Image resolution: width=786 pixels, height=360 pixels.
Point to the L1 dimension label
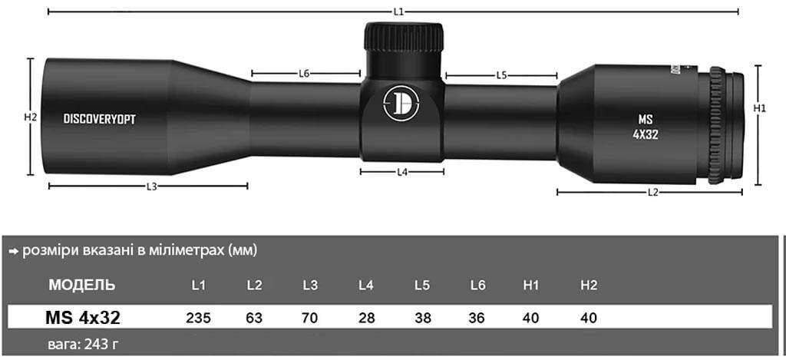tap(398, 12)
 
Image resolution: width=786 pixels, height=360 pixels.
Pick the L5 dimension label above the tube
tap(501, 75)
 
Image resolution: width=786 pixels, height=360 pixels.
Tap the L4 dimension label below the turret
tap(401, 172)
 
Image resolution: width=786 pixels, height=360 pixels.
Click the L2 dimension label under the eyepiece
tap(653, 192)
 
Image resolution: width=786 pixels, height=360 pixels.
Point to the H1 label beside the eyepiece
tap(760, 109)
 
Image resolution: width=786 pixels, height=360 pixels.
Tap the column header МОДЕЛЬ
tap(82, 286)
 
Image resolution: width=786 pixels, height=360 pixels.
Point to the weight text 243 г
tap(84, 343)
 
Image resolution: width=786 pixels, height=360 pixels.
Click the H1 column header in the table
tap(530, 286)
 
